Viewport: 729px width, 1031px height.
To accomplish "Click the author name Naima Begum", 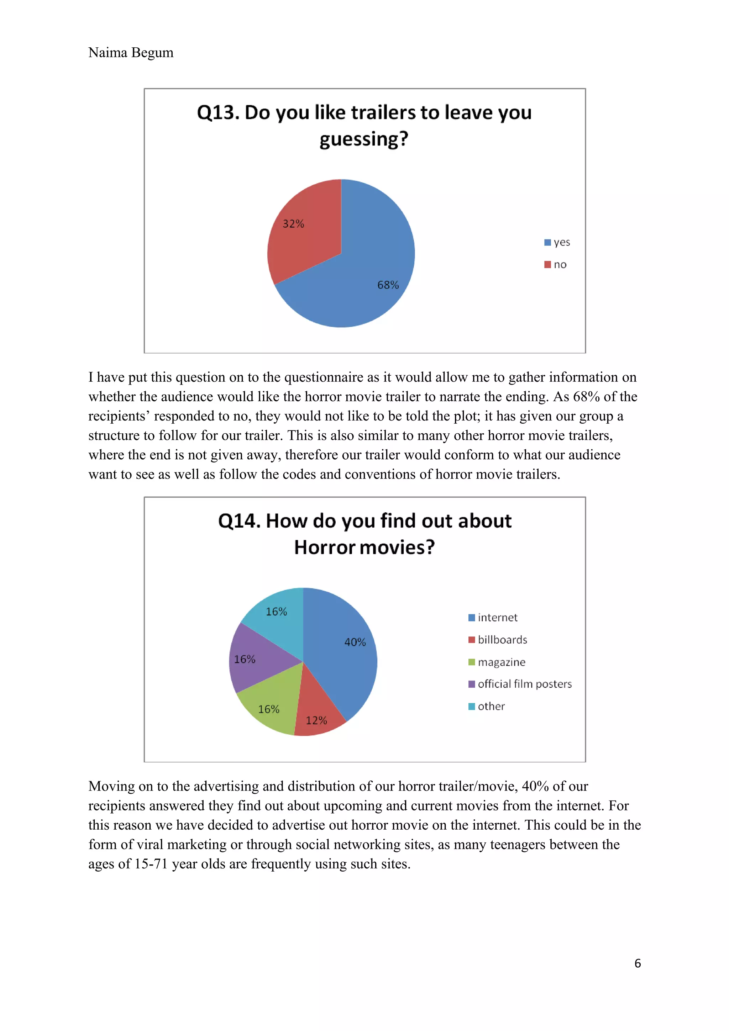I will tap(131, 53).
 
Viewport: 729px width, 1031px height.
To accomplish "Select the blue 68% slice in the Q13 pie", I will tap(368, 269).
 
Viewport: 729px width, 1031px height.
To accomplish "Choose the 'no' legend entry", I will tap(556, 264).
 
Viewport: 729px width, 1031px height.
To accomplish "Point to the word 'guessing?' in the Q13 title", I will tap(364, 139).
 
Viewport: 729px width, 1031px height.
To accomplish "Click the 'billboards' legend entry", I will tap(498, 639).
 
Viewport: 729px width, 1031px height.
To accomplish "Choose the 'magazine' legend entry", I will tap(497, 662).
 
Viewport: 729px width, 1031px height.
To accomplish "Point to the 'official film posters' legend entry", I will tap(520, 684).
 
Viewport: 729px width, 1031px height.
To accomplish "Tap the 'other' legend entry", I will tap(487, 706).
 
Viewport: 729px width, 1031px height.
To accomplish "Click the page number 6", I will tap(638, 963).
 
